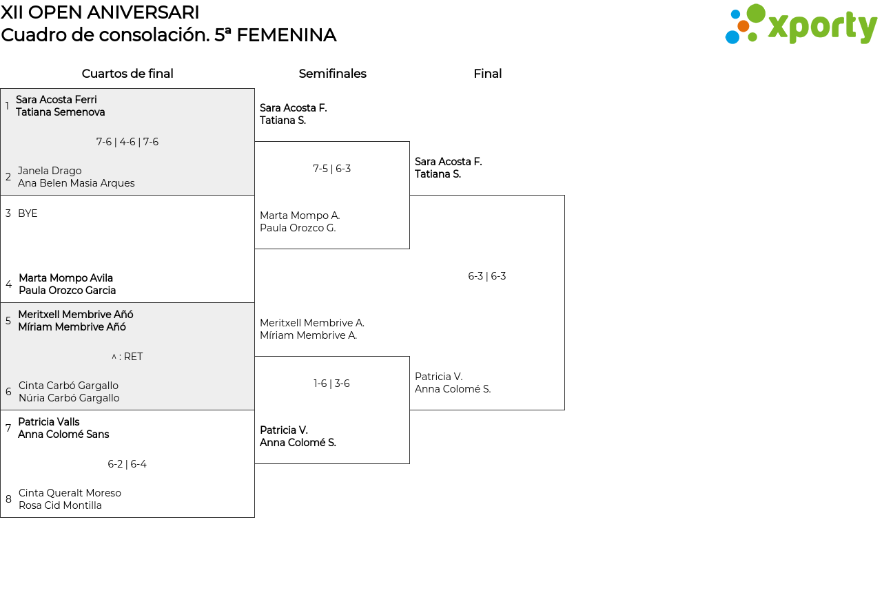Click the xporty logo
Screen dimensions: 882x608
pos(801,24)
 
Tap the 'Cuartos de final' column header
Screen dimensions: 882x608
pos(127,74)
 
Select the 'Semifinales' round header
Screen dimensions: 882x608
pos(332,74)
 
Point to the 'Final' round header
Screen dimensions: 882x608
pos(487,74)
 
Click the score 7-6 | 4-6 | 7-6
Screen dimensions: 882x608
pos(127,142)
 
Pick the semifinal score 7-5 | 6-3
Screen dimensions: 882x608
pos(331,169)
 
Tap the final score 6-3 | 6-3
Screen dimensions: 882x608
pos(486,276)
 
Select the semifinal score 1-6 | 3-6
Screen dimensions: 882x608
pos(331,384)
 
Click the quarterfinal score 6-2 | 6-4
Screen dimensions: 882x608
pos(127,464)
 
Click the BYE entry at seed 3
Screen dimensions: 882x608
pos(28,213)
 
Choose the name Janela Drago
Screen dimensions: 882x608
pos(50,171)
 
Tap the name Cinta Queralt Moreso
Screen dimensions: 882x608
pos(70,493)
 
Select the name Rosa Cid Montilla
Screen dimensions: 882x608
pos(60,505)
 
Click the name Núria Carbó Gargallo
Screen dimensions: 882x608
pos(69,398)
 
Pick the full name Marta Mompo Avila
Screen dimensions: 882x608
pos(65,277)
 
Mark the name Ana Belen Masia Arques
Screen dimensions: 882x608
pos(76,183)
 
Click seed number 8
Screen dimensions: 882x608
pos(8,499)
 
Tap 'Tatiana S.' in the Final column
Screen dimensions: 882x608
pos(438,174)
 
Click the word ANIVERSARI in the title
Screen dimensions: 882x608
pos(143,12)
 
